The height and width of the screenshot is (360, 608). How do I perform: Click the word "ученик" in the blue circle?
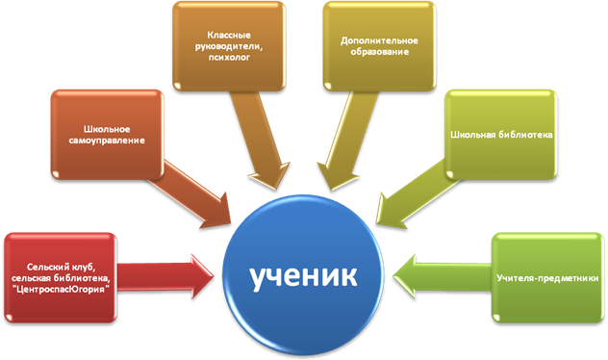(303, 276)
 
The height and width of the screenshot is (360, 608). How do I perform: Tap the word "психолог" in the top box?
(229, 58)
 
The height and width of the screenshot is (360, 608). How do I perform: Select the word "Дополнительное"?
(379, 40)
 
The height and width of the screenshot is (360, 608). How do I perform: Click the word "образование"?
(380, 52)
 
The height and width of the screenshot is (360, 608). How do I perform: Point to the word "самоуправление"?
(107, 140)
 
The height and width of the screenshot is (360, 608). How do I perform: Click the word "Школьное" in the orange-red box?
(107, 129)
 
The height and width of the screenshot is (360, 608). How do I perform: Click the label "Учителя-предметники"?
(547, 278)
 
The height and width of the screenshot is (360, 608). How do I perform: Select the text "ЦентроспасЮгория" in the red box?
(61, 289)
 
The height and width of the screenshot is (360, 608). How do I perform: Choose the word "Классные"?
(229, 36)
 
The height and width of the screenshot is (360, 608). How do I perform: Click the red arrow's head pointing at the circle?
(202, 276)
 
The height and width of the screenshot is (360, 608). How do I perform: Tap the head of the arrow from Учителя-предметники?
(405, 276)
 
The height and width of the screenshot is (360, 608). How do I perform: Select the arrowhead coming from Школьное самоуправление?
(218, 213)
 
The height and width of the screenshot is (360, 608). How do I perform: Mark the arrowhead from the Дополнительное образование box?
(336, 176)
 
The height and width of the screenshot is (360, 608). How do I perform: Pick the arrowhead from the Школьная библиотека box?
(389, 213)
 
